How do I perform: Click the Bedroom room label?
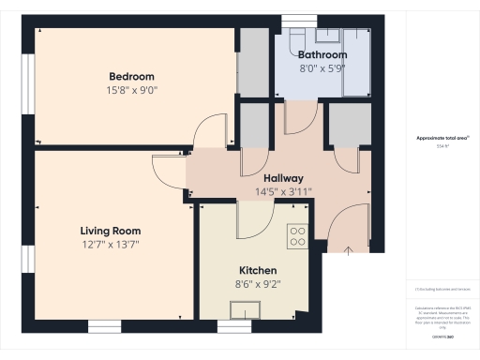[131, 76]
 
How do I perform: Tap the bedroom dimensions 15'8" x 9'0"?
[131, 91]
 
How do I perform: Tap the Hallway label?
[282, 178]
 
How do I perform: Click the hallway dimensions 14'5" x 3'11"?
[282, 192]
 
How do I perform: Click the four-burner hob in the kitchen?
[298, 236]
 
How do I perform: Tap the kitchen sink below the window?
[247, 308]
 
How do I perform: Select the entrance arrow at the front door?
[349, 250]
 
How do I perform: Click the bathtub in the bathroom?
[356, 61]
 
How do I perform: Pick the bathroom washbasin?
[327, 37]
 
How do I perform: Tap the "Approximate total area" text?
[443, 138]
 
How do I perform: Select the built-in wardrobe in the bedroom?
[253, 62]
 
